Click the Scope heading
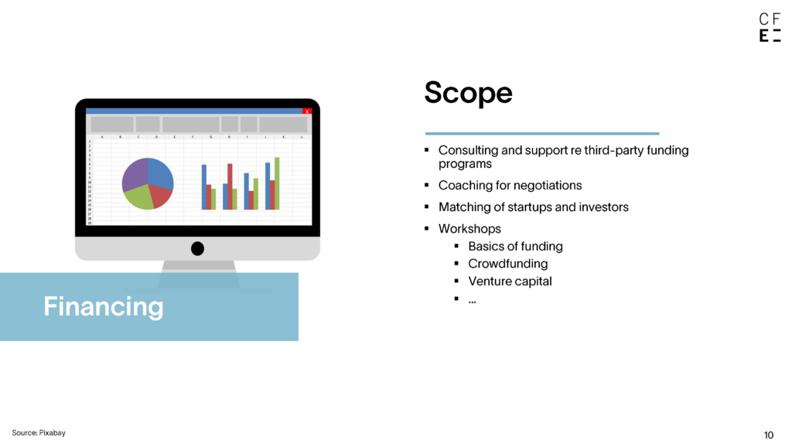click(x=468, y=93)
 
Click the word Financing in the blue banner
click(x=104, y=306)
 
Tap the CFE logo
click(x=770, y=27)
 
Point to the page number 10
click(x=768, y=435)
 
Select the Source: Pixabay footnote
click(x=39, y=433)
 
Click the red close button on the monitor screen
click(x=306, y=111)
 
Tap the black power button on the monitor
click(x=197, y=248)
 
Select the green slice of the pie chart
click(x=138, y=197)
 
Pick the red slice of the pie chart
click(x=162, y=195)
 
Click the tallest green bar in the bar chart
click(x=277, y=183)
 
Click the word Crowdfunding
click(x=507, y=264)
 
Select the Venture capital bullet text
click(x=510, y=282)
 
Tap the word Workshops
click(x=469, y=229)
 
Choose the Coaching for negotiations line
click(x=510, y=186)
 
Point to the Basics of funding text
click(x=515, y=247)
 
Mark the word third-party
click(x=613, y=151)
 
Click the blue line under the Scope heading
click(x=542, y=133)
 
